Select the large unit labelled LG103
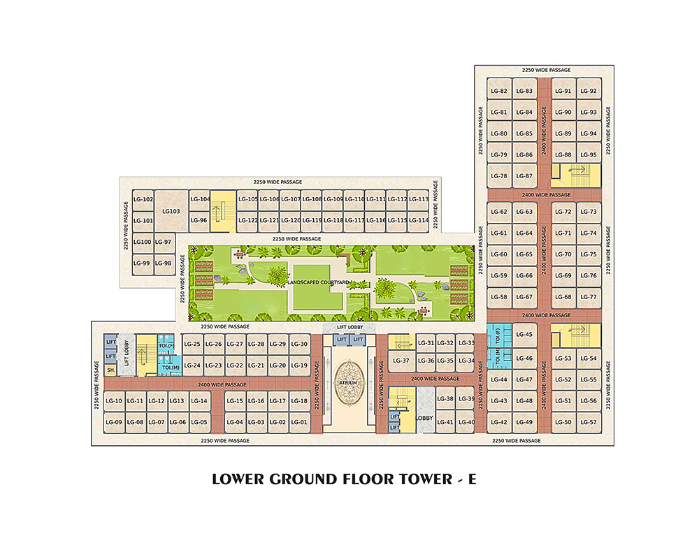pyautogui.click(x=171, y=211)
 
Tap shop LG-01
pyautogui.click(x=299, y=422)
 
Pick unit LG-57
pyautogui.click(x=589, y=422)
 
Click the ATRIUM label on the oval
pyautogui.click(x=347, y=383)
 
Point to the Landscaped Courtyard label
pyautogui.click(x=318, y=282)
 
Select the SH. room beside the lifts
pyautogui.click(x=110, y=370)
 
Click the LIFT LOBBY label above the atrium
pyautogui.click(x=350, y=327)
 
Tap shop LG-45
pyautogui.click(x=524, y=335)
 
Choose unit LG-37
pyautogui.click(x=401, y=361)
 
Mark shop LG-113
pyautogui.click(x=419, y=200)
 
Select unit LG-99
pyautogui.click(x=142, y=263)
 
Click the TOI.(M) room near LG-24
pyautogui.click(x=171, y=368)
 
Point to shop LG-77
pyautogui.click(x=589, y=297)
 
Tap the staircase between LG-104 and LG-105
pyautogui.click(x=223, y=211)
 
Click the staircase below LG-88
pyautogui.click(x=576, y=175)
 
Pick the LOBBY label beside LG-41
pyautogui.click(x=424, y=418)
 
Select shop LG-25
pyautogui.click(x=192, y=344)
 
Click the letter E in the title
pyautogui.click(x=472, y=479)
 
